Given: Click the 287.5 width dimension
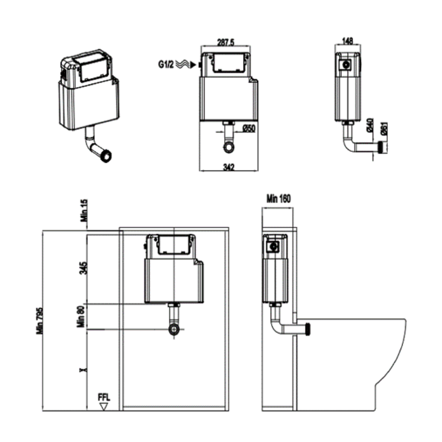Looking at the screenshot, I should click(226, 43).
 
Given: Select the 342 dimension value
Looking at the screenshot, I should click(228, 167).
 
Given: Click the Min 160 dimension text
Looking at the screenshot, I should click(279, 199).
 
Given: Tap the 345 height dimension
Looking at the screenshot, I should click(84, 268).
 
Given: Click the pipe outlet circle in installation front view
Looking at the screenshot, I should click(173, 329).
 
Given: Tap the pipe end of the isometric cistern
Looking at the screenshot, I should click(106, 156).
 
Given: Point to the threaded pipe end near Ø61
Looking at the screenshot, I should click(379, 146).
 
